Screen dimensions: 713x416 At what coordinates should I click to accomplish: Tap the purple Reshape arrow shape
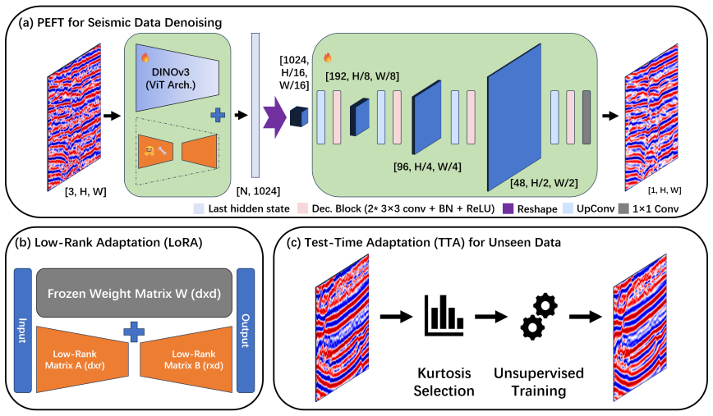[274, 117]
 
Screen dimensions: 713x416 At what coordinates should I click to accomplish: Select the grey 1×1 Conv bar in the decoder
[586, 117]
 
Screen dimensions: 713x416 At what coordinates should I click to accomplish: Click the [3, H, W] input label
[85, 192]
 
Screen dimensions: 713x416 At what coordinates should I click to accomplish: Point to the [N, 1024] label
[258, 191]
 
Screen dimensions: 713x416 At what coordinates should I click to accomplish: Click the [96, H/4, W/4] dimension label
[427, 167]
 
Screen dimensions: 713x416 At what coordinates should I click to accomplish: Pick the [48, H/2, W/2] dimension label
[544, 183]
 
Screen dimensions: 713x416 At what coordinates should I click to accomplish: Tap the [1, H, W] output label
[665, 190]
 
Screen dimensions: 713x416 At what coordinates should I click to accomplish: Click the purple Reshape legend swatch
[508, 208]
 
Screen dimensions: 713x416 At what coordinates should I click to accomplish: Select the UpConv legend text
[596, 209]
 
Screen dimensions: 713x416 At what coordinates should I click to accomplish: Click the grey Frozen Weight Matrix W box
[134, 293]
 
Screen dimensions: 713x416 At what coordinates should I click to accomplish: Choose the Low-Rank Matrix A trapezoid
[82, 359]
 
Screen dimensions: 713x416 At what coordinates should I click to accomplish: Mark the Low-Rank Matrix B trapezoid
[186, 359]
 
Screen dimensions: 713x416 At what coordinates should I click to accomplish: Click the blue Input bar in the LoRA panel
[23, 330]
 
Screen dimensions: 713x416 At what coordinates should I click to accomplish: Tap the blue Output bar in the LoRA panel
[246, 330]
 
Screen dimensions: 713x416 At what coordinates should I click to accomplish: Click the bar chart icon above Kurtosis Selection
[444, 315]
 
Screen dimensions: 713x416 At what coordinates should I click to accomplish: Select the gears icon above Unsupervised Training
[539, 317]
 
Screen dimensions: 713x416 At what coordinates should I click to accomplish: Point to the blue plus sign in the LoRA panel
[134, 331]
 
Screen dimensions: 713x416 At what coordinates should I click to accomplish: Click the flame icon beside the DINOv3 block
[145, 57]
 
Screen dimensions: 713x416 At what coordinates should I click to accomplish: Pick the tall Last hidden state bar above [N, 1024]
[255, 105]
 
